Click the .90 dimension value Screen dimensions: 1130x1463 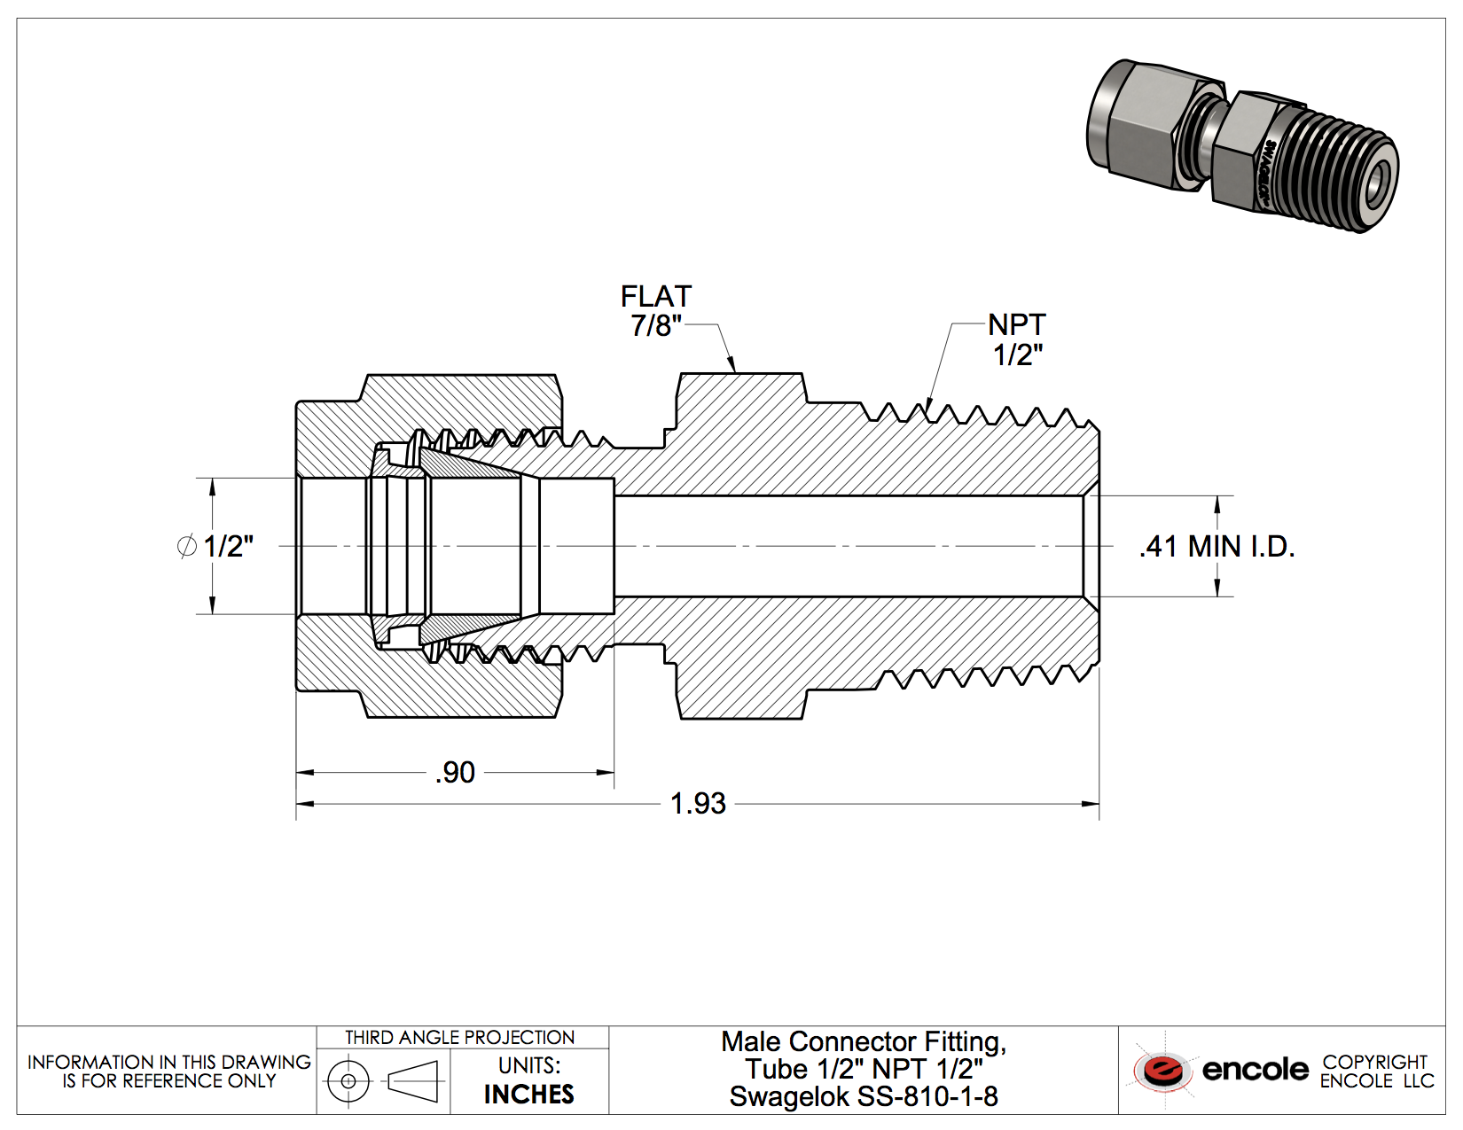click(x=456, y=773)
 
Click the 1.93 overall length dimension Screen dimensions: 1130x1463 click(x=698, y=804)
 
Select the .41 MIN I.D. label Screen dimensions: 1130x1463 click(x=1217, y=547)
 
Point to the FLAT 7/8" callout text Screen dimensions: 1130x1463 click(x=655, y=311)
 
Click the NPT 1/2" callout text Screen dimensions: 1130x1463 click(x=1017, y=339)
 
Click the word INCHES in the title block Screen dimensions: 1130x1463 click(x=529, y=1095)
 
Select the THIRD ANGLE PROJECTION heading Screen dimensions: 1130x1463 click(x=460, y=1038)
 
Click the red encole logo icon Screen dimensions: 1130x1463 click(x=1162, y=1071)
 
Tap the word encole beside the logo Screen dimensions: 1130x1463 click(x=1255, y=1071)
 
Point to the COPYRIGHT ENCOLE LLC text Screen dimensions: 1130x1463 click(x=1375, y=1072)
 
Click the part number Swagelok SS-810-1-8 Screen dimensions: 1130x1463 click(x=864, y=1097)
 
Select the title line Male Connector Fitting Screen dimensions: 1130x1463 click(x=864, y=1041)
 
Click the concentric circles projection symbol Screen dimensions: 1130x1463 click(x=348, y=1081)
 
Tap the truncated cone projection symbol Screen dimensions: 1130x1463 click(x=413, y=1082)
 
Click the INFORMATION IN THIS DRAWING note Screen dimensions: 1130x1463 click(x=168, y=1072)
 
